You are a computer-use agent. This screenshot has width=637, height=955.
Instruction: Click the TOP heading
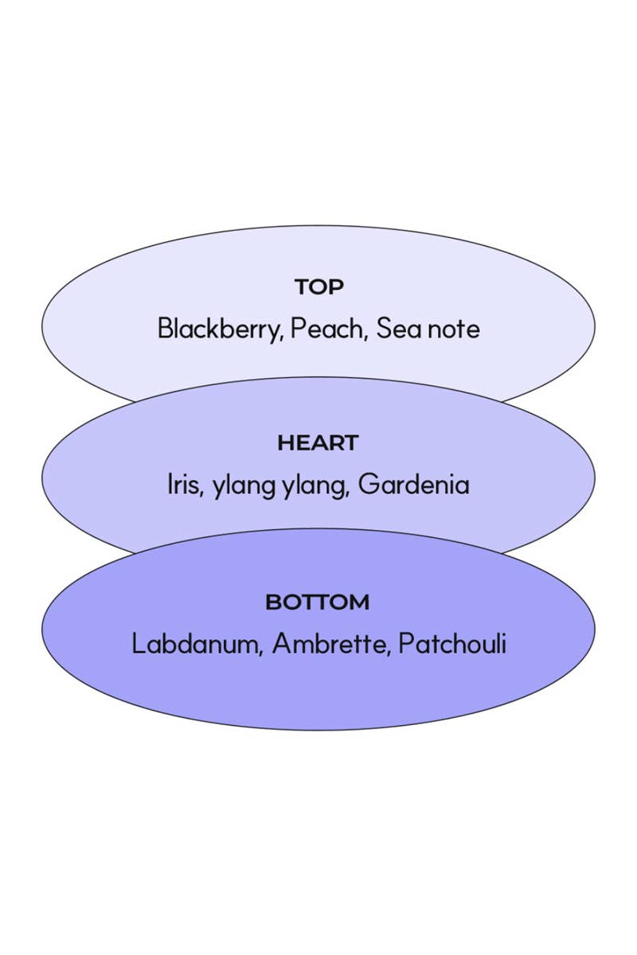pyautogui.click(x=318, y=287)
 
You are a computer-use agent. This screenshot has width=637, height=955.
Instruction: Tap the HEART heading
pyautogui.click(x=318, y=443)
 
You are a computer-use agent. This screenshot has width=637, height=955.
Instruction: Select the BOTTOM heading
pyautogui.click(x=318, y=602)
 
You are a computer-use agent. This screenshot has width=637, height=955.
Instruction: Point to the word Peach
pyautogui.click(x=326, y=329)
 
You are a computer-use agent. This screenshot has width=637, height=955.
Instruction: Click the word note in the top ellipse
pyautogui.click(x=454, y=329)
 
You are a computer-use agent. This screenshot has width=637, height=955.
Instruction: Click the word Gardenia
pyautogui.click(x=414, y=485)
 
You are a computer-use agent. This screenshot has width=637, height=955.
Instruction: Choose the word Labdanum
pyautogui.click(x=194, y=644)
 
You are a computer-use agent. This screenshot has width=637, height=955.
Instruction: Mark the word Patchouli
pyautogui.click(x=452, y=644)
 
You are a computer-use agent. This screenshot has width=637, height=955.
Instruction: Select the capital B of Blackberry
pyautogui.click(x=165, y=329)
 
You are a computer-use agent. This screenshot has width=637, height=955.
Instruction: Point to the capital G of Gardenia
pyautogui.click(x=368, y=485)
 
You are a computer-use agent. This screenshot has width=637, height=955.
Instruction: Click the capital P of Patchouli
pyautogui.click(x=405, y=644)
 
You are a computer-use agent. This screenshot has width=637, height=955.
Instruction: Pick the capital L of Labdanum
pyautogui.click(x=138, y=644)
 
